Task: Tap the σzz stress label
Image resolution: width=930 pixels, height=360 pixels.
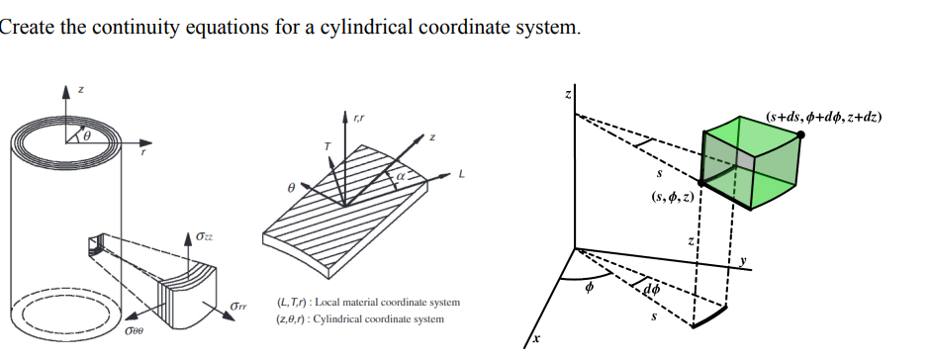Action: (x=204, y=237)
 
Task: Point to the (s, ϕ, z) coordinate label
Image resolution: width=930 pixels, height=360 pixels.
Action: (x=671, y=197)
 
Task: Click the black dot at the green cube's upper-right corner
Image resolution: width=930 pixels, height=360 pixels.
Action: (x=799, y=134)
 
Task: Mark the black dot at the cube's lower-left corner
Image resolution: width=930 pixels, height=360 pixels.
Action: (x=701, y=184)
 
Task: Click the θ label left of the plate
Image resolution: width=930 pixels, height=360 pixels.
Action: (x=290, y=186)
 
